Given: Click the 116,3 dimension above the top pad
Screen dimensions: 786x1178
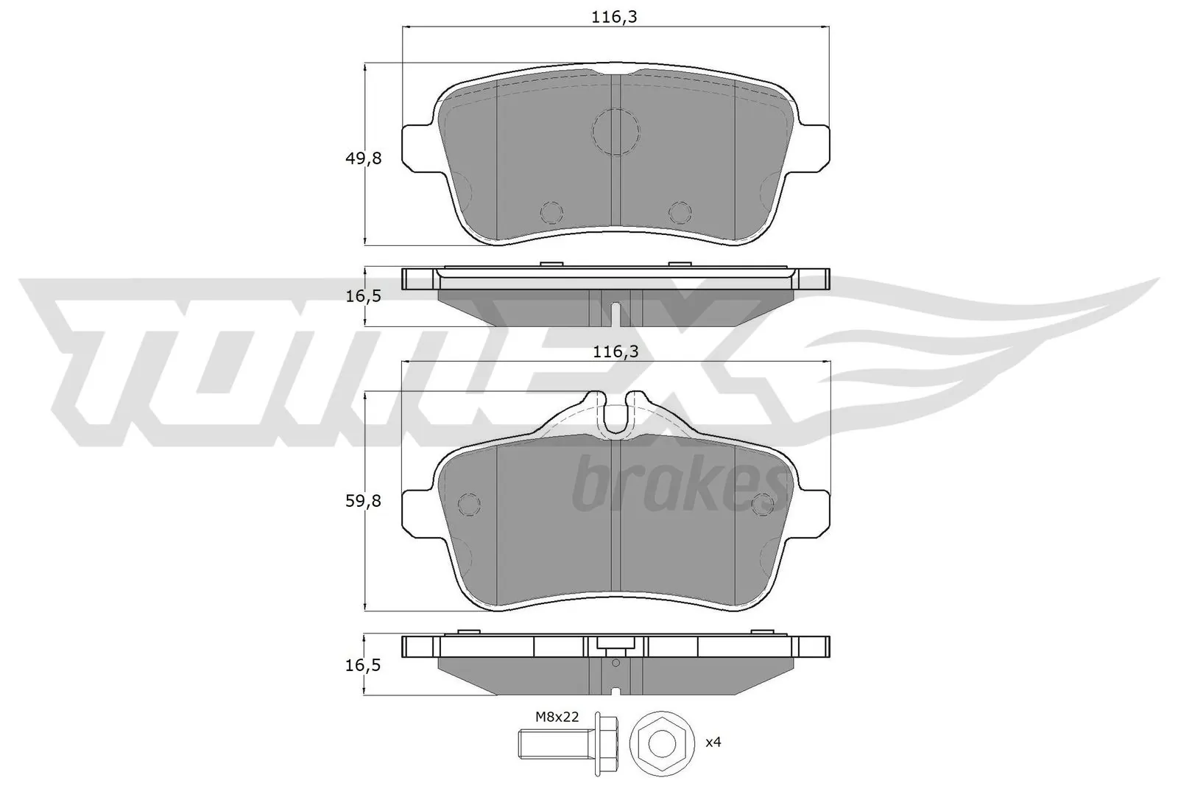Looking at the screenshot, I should pos(614,17).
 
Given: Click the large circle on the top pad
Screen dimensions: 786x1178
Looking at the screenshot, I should pos(616,131).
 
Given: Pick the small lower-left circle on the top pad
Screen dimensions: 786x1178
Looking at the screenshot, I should pos(551,212).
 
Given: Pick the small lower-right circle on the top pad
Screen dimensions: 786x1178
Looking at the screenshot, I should pos(680,212).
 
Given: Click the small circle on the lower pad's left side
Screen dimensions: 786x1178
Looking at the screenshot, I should pos(469,503).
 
